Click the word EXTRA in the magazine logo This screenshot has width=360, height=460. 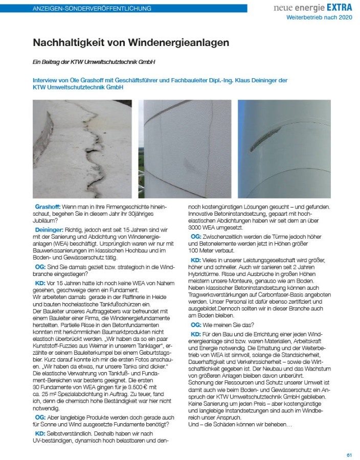click(x=338, y=8)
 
